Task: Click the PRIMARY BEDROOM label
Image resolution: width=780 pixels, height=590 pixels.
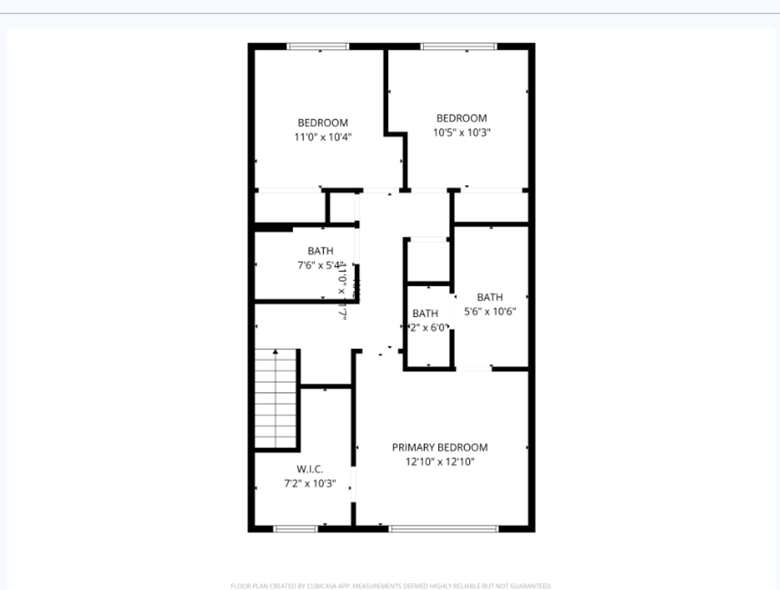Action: point(440,447)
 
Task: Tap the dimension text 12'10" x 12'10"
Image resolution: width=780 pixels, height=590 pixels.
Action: point(440,462)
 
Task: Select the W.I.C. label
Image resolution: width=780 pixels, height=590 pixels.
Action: point(310,469)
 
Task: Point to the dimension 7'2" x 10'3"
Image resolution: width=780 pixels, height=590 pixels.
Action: point(310,483)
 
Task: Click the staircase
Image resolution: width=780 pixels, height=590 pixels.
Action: point(276,399)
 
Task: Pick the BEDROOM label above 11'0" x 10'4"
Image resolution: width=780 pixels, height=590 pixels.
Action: point(323,123)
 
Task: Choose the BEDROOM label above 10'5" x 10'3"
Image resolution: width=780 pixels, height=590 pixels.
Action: point(462,118)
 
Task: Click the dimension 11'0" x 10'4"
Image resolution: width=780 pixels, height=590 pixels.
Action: point(323,137)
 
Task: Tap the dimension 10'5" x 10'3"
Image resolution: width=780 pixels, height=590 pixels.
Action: point(462,132)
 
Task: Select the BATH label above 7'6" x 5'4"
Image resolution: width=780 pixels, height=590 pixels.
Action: point(321,251)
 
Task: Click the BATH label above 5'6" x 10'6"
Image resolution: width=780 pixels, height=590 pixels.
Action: point(490,297)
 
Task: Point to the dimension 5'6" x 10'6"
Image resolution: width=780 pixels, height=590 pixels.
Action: point(490,311)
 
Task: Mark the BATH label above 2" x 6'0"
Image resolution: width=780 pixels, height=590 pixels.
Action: point(425,314)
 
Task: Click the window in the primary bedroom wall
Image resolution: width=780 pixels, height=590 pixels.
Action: point(444,529)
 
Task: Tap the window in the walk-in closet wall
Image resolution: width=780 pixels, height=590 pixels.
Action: point(295,529)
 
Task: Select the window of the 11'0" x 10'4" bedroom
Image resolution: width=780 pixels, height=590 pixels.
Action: point(318,46)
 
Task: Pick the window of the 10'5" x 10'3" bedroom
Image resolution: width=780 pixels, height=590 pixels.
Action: point(459,46)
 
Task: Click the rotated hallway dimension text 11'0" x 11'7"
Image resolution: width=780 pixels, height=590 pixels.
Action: point(343,291)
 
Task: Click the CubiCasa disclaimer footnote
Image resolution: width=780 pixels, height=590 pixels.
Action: point(391,586)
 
